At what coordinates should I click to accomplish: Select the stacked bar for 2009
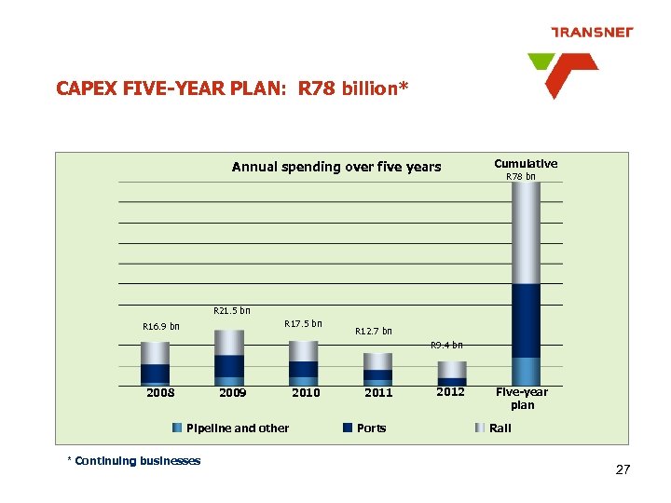tap(229, 358)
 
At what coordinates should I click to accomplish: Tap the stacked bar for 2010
tap(303, 363)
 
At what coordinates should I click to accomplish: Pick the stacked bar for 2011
tap(377, 369)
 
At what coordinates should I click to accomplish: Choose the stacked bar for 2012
tap(451, 374)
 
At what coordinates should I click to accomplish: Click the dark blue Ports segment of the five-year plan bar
tap(526, 320)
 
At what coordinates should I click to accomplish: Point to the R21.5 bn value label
tap(232, 311)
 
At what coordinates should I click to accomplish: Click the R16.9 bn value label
tap(160, 327)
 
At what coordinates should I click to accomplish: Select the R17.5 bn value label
tap(303, 324)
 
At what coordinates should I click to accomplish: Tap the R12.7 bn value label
tap(374, 331)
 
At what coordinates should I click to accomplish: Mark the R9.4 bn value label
tap(446, 346)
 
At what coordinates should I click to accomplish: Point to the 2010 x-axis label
tap(306, 393)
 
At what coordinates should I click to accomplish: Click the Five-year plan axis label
tap(522, 399)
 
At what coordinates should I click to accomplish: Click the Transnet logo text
tap(592, 32)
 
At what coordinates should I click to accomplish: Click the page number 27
tap(623, 470)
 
